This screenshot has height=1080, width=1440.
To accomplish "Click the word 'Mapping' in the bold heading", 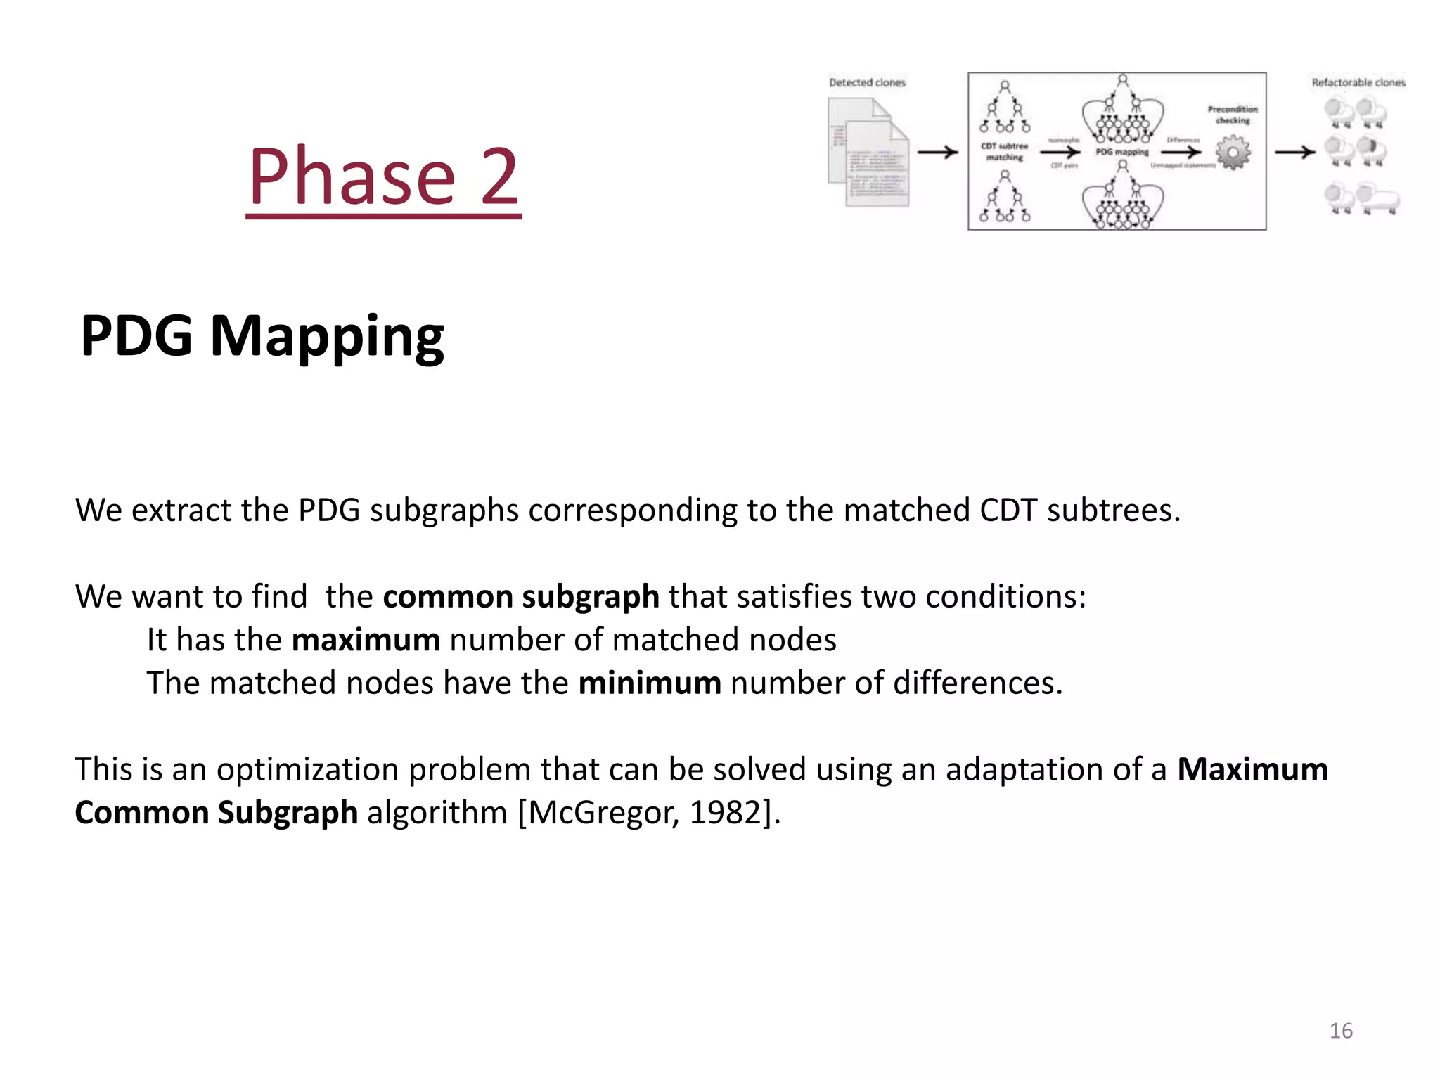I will click(327, 336).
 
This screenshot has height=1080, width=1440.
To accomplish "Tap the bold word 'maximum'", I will click(366, 640).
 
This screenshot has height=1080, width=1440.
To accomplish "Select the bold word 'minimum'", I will click(649, 683).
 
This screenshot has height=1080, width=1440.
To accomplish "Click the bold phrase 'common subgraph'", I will click(520, 596).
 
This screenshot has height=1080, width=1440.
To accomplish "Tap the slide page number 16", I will click(1341, 1031).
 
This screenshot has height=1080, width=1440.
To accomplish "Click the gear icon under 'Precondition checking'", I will click(1233, 153).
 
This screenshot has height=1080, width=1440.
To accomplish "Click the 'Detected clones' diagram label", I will click(867, 82).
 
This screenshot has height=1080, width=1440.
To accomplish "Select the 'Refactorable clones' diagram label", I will click(1358, 82).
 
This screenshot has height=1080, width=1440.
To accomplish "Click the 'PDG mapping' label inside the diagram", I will click(1122, 152).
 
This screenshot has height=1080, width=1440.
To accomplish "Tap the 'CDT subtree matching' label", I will click(1005, 152).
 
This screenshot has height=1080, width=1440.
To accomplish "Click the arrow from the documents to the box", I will click(938, 152).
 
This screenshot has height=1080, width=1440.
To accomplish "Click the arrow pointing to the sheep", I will click(1294, 152).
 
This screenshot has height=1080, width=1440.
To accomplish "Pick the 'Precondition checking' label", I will click(1233, 115).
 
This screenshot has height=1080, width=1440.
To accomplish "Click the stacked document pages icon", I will click(869, 153).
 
